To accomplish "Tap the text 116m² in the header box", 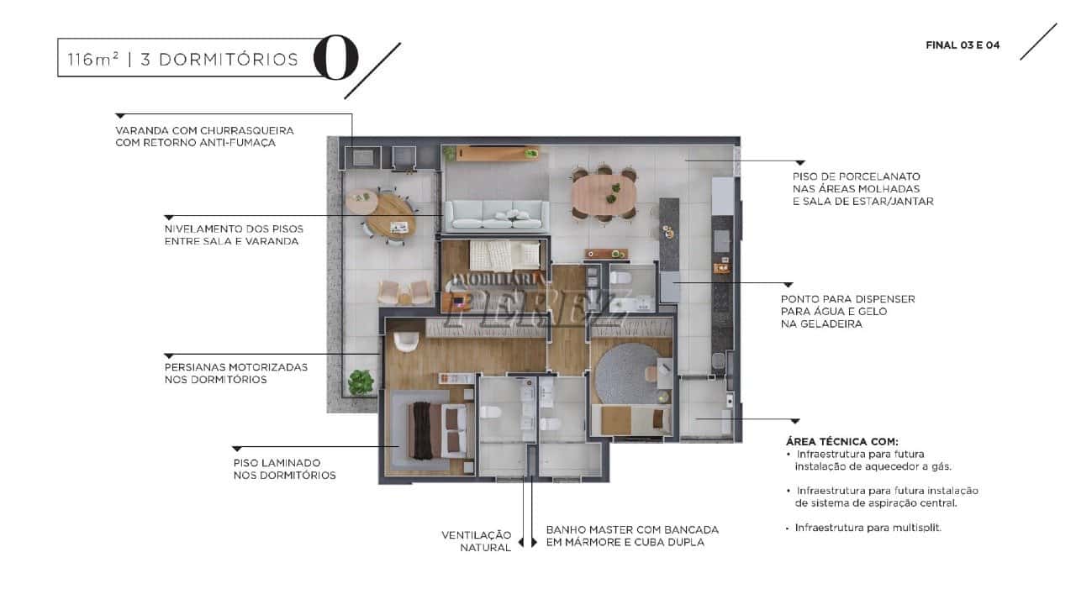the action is tap(92, 60).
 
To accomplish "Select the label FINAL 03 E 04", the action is tap(963, 45).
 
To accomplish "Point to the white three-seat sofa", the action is tap(497, 216).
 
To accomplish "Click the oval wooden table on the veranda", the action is tap(391, 217).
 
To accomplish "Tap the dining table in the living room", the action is tap(604, 194).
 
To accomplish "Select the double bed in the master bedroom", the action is tap(438, 431).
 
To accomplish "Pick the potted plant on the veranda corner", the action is tap(361, 382).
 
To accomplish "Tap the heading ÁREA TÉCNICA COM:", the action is tap(842, 442).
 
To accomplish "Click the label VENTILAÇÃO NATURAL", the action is tap(477, 541).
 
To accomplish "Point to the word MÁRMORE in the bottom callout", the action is tap(596, 543).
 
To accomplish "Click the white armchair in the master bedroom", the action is tap(406, 340).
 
